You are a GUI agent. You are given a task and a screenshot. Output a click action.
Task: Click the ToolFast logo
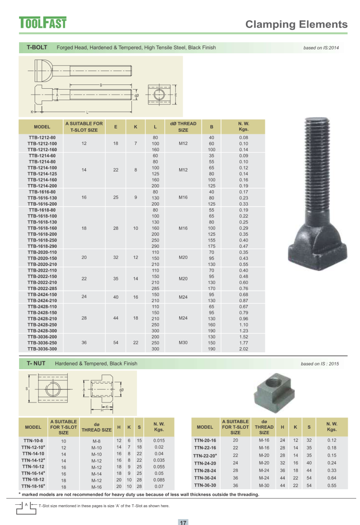click(x=43, y=23)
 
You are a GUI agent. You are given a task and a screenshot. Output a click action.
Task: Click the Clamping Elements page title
click(x=296, y=24)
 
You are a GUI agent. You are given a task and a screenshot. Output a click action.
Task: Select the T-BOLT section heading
click(x=37, y=47)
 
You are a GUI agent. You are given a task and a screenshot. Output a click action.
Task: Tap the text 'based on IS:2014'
click(x=321, y=48)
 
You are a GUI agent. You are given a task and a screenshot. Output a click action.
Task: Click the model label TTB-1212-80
click(x=42, y=138)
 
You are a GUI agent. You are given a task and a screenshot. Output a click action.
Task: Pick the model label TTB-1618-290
click(x=42, y=246)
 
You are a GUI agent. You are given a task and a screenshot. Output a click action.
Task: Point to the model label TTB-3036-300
click(x=42, y=349)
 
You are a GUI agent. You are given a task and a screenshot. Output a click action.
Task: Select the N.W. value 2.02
click(x=244, y=349)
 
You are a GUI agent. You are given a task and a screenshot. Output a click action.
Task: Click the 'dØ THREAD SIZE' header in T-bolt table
click(x=183, y=127)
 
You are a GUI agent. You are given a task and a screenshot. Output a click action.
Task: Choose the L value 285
click(x=155, y=288)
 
